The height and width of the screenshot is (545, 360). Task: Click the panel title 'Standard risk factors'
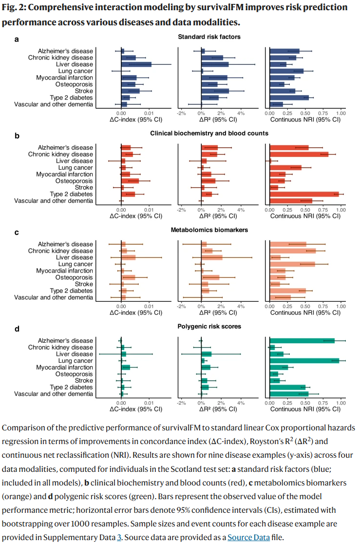click(x=209, y=37)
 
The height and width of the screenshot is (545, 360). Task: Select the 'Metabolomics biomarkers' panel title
click(x=209, y=230)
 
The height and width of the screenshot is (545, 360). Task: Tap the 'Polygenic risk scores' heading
click(x=209, y=326)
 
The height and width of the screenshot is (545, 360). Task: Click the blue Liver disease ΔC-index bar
click(x=136, y=64)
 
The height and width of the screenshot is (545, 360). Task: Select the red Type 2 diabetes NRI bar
click(x=304, y=194)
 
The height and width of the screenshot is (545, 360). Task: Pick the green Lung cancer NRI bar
click(x=304, y=361)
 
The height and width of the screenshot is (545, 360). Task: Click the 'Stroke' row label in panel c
click(x=83, y=284)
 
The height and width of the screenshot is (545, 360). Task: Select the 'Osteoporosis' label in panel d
click(x=73, y=374)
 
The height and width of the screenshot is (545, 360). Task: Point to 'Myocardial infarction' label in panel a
click(x=64, y=78)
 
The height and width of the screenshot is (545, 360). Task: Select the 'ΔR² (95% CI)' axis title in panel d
click(x=219, y=409)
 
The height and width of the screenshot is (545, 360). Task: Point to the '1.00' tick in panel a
click(x=341, y=113)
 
